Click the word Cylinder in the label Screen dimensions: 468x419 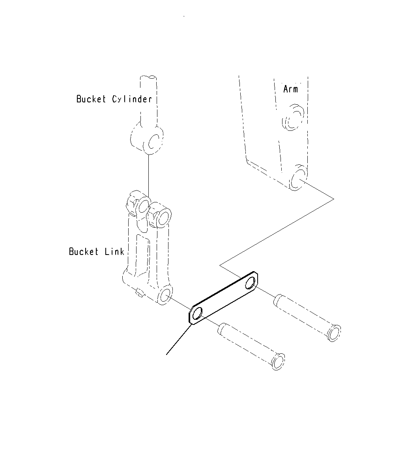[132, 99]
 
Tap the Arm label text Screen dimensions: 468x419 [291, 89]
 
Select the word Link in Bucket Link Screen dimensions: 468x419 [115, 251]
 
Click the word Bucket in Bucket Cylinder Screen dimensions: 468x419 [91, 99]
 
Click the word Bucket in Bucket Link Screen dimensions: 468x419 [84, 251]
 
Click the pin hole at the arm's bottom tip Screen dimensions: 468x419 [298, 179]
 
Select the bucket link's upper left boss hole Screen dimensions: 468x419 [142, 206]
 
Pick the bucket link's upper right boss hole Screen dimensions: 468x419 [163, 217]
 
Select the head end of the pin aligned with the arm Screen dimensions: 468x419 [334, 333]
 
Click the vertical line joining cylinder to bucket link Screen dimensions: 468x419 [149, 174]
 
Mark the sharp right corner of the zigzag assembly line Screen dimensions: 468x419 [333, 198]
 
